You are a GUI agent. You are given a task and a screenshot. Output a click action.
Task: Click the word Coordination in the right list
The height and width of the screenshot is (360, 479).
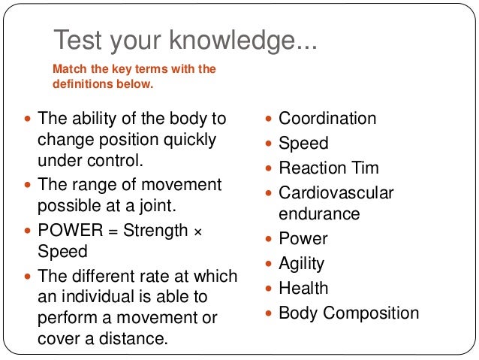pos(327,119)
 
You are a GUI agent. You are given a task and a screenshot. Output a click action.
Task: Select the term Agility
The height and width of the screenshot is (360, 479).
pos(301,263)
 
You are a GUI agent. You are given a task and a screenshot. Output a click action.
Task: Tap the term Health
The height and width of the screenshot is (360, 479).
pos(303,288)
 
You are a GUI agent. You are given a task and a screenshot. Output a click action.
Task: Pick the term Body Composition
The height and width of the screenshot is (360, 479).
pos(348,313)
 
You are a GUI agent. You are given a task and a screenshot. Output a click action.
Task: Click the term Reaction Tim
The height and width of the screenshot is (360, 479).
pos(329,168)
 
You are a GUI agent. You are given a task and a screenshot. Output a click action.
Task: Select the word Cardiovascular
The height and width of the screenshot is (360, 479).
pos(336,192)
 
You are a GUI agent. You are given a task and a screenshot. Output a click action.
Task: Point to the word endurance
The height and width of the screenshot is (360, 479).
pos(319,213)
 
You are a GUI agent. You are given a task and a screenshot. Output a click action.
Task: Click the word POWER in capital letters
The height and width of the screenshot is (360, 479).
pos(65,231)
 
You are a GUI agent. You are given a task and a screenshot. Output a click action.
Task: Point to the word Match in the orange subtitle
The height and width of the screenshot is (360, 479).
pos(68,69)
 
